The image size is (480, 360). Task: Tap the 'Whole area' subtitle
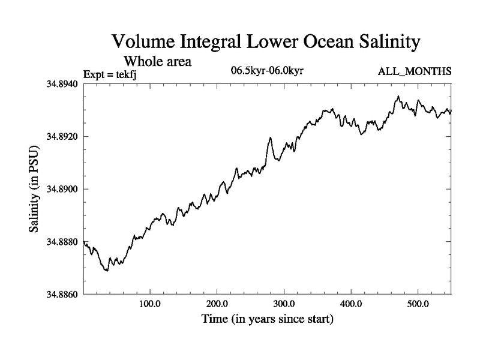tap(157, 61)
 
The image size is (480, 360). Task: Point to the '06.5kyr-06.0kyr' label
tap(268, 71)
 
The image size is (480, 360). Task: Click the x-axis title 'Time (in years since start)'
tap(267, 319)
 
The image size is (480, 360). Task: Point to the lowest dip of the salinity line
tap(107, 271)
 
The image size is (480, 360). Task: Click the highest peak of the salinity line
tap(397, 96)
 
